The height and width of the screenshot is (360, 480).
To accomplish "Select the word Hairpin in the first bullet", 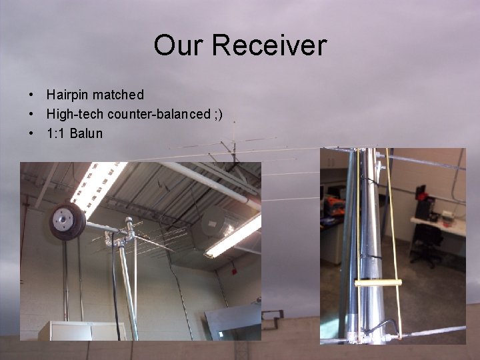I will (67, 95).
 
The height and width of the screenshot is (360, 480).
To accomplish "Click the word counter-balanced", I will (159, 114).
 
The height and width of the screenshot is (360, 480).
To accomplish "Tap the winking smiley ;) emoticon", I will (218, 114).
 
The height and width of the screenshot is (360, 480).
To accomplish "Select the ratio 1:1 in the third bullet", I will (55, 133).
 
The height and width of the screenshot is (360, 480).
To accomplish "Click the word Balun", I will (86, 133).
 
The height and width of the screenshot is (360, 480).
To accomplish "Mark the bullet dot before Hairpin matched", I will (31, 95).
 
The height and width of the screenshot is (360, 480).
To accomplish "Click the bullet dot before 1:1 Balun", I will (31, 134).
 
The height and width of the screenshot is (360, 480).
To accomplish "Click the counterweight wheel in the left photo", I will (67, 221).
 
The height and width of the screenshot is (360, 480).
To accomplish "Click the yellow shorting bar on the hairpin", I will (378, 283).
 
